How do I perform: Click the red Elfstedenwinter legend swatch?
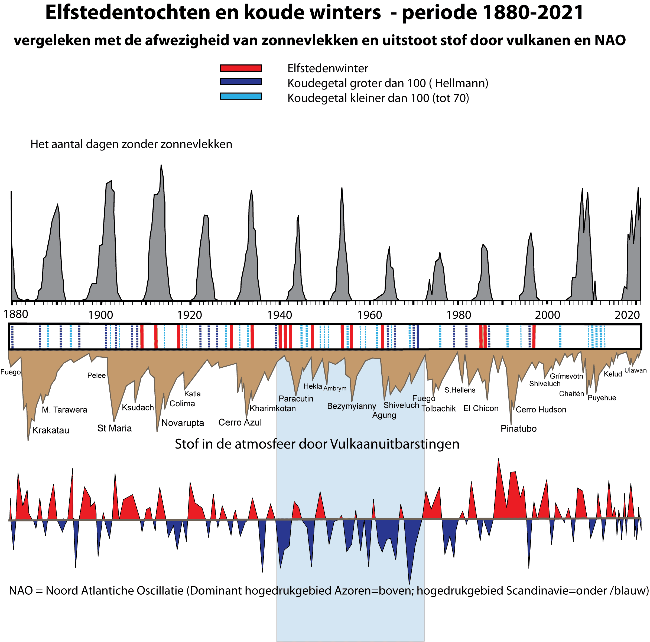click(x=240, y=68)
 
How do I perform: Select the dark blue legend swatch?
click(x=240, y=82)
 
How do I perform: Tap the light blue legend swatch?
click(x=240, y=96)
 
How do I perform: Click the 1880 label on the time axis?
click(x=16, y=314)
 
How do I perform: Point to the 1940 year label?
click(x=279, y=315)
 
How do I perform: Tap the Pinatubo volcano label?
click(x=518, y=429)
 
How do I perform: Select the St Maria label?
click(x=114, y=428)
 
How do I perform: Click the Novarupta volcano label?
click(x=183, y=423)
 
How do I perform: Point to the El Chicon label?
click(x=481, y=409)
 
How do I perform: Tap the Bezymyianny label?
click(x=351, y=406)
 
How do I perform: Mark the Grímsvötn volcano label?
click(x=566, y=376)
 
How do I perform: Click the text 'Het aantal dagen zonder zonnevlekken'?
click(x=131, y=144)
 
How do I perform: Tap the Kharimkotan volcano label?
click(x=272, y=409)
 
